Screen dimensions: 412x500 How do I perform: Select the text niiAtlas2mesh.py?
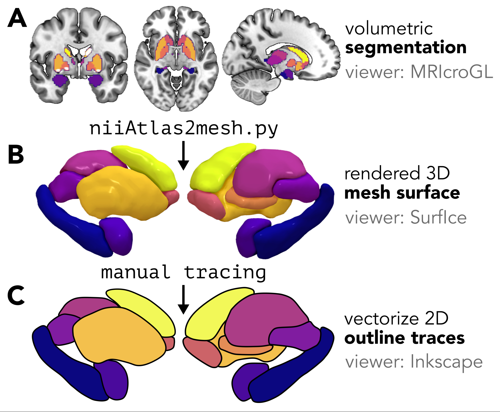[x=183, y=128]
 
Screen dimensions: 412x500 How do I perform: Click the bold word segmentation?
[x=405, y=48]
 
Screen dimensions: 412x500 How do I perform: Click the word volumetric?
[x=389, y=29]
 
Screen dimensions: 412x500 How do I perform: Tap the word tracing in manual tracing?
[x=225, y=272]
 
